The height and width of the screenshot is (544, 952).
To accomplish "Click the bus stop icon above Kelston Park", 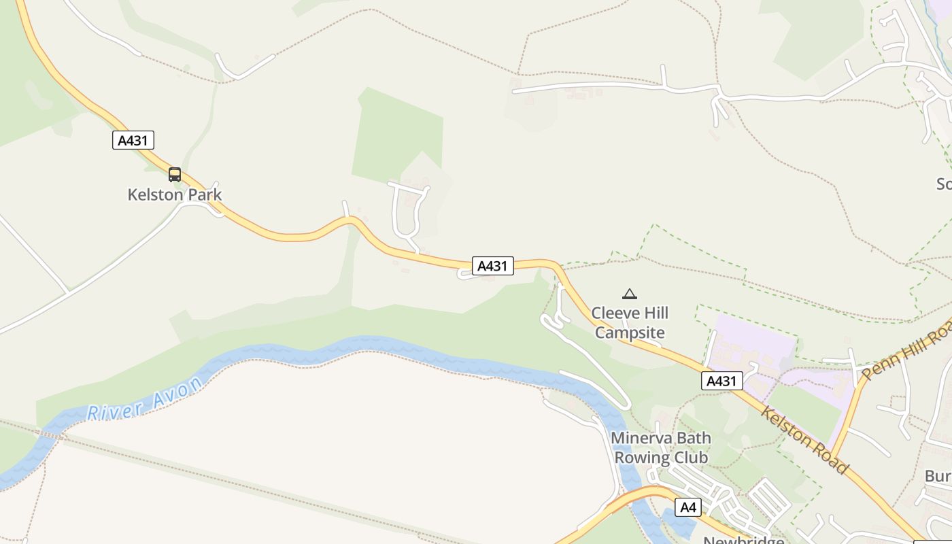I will [x=175, y=175].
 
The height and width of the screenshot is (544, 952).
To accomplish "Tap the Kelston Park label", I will [x=175, y=194].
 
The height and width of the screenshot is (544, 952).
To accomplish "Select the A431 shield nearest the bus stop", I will [x=133, y=140].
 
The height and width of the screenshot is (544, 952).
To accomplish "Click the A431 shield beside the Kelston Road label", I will [x=721, y=381].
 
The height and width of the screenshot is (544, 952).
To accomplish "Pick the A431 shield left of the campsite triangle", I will [x=493, y=265].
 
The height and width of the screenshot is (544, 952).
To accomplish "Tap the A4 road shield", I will [x=688, y=507].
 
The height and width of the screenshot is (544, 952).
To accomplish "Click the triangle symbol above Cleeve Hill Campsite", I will [x=630, y=294].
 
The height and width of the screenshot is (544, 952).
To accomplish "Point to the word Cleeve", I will [x=614, y=313].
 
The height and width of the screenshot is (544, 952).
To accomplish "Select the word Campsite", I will [x=630, y=333].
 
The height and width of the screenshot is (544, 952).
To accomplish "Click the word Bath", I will [x=692, y=437].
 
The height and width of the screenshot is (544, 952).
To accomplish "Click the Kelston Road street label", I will [x=805, y=440].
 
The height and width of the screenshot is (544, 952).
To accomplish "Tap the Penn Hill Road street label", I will [x=908, y=351].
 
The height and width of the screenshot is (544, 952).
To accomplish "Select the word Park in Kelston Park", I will [x=205, y=194].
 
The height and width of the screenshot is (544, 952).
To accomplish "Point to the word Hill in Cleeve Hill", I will [x=656, y=313].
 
